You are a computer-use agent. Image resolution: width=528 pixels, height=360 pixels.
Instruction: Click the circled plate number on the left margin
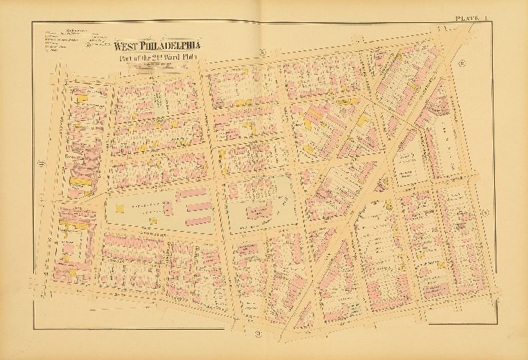(x=42, y=164)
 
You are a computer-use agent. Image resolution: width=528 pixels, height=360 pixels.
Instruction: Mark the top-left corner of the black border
(x=32, y=22)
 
